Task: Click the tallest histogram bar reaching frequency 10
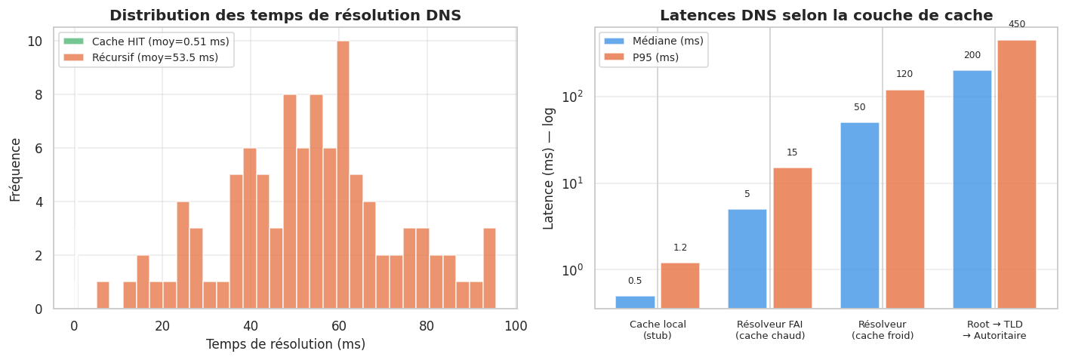343,175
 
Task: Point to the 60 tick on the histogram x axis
340,326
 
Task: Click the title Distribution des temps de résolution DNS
285,15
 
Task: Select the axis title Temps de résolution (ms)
285,344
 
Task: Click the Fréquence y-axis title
15,169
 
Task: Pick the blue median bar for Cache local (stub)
635,302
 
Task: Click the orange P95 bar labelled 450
1016,174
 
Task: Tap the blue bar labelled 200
972,189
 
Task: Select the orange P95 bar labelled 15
792,237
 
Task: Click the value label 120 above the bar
904,74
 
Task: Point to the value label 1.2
680,248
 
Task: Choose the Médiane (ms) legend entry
653,42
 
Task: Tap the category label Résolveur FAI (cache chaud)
770,330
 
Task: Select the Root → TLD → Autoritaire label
994,330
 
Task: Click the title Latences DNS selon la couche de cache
827,15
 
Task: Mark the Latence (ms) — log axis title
549,168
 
